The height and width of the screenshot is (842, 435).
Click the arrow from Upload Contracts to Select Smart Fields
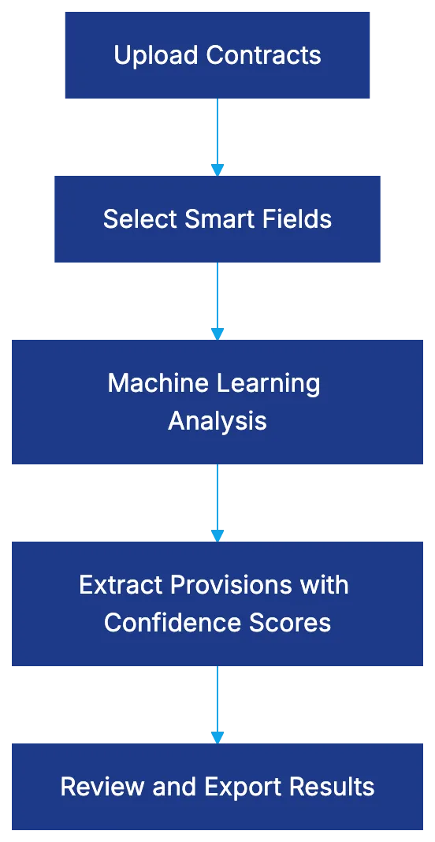(217, 136)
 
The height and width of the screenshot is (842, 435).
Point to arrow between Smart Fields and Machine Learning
(217, 300)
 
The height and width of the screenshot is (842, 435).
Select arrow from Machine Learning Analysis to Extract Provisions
(217, 501)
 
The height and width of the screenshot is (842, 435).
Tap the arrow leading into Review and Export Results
(217, 703)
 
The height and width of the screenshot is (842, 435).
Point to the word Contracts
(263, 56)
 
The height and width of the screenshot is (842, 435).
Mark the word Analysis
(217, 421)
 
